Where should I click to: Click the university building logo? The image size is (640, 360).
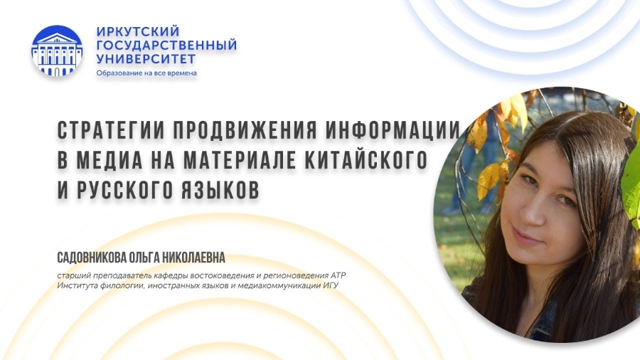click(57, 51)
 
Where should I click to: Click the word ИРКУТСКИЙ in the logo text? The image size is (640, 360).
click(138, 31)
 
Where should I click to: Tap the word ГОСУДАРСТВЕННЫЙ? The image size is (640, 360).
click(166, 45)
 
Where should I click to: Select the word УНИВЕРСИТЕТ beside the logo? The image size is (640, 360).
click(146, 58)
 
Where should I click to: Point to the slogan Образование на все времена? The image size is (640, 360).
click(146, 73)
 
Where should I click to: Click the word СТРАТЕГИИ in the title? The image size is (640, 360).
click(111, 130)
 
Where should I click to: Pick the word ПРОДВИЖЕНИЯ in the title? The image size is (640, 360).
click(245, 130)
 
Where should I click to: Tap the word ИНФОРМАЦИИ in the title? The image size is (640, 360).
click(393, 130)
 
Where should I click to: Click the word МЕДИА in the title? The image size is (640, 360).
click(110, 160)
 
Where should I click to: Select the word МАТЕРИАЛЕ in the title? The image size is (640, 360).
click(240, 160)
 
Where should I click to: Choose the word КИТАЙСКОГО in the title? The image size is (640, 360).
click(366, 160)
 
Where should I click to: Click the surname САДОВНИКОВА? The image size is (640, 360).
click(92, 258)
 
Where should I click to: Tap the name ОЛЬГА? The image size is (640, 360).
click(145, 258)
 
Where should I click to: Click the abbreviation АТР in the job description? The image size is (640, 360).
click(338, 275)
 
